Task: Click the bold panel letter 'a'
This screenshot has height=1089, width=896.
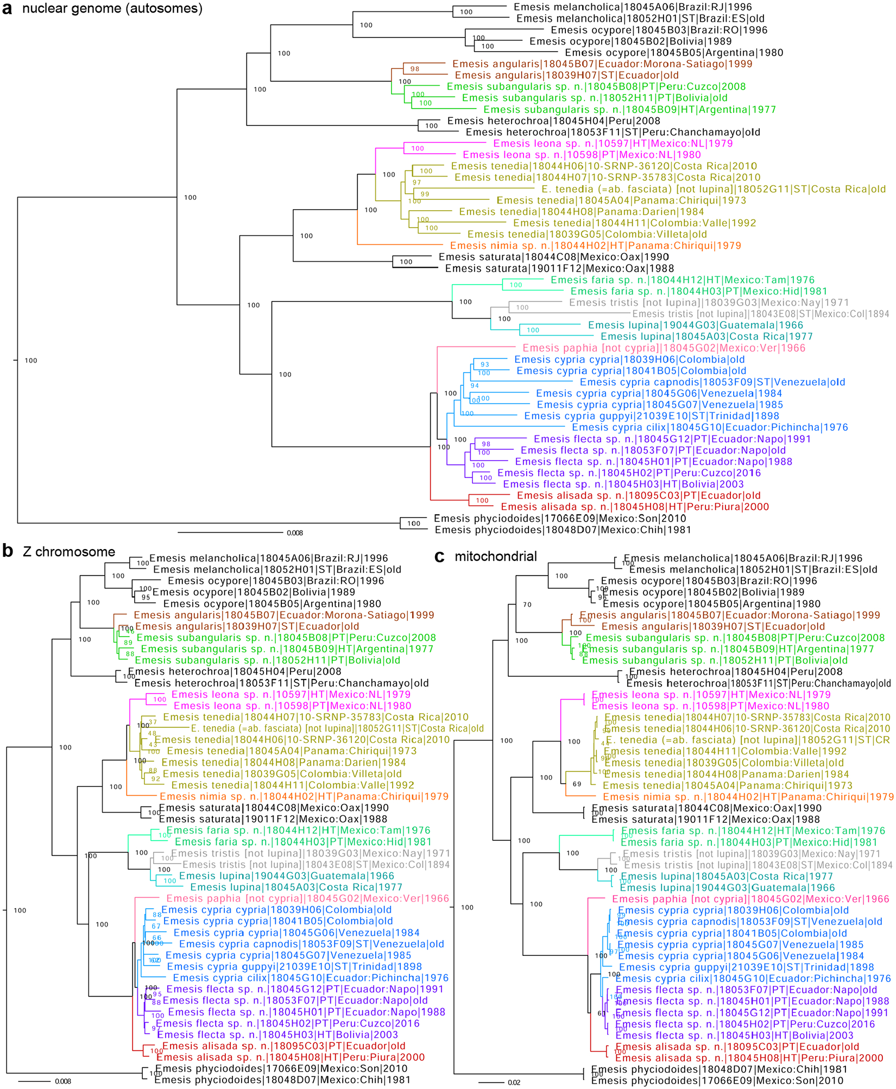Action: coord(7,9)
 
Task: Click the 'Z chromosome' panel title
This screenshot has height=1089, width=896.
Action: coord(69,552)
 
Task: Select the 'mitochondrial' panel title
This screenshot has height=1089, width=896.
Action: coord(495,556)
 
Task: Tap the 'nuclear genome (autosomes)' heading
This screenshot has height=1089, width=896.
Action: coord(112,8)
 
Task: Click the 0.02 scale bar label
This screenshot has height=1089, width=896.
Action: coord(514,1082)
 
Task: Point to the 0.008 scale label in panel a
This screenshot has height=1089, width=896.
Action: coord(295,533)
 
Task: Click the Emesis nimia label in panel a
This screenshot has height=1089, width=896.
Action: coord(595,246)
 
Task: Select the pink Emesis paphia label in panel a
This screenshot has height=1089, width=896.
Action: coord(664,348)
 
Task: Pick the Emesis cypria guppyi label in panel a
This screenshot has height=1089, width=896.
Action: coord(652,416)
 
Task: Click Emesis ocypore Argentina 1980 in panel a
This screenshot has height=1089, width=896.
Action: coord(674,53)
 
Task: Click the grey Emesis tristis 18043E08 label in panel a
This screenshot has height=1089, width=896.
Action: coord(760,314)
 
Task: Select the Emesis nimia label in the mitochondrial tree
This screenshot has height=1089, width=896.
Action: coord(748,797)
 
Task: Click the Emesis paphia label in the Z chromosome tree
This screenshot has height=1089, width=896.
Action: coord(307,898)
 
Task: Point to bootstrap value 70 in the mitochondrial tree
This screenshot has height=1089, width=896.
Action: coord(527,605)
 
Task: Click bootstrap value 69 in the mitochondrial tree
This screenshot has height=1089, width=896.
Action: coord(577,784)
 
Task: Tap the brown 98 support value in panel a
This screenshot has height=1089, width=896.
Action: coord(415,69)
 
